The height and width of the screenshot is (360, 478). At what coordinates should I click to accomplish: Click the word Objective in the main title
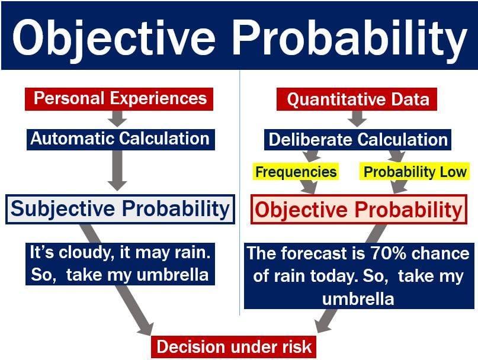114,37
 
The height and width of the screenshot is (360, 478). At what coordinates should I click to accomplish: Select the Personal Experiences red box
119,99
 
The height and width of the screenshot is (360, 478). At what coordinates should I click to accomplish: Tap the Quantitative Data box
357,99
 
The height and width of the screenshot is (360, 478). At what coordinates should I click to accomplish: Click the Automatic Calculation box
121,139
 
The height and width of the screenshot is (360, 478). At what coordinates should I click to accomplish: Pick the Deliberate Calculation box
358,140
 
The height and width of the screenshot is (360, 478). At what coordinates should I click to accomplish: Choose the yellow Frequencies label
296,172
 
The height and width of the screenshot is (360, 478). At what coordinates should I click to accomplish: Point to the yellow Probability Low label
415,172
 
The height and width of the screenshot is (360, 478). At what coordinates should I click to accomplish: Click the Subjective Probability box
120,209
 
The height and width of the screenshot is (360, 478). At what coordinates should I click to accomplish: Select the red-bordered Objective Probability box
359,210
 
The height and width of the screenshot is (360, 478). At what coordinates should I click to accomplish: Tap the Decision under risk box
234,347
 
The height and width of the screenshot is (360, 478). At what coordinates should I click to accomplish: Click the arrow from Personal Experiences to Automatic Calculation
117,118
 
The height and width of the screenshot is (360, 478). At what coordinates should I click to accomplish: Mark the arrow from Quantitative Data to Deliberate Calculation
357,118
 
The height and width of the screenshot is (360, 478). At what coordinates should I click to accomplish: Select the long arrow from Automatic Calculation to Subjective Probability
117,171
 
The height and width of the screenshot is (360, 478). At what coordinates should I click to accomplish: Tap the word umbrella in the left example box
172,275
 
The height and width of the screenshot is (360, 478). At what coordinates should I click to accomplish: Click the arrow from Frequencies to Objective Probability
309,187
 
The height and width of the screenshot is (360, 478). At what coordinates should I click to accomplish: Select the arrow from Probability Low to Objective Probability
399,187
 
